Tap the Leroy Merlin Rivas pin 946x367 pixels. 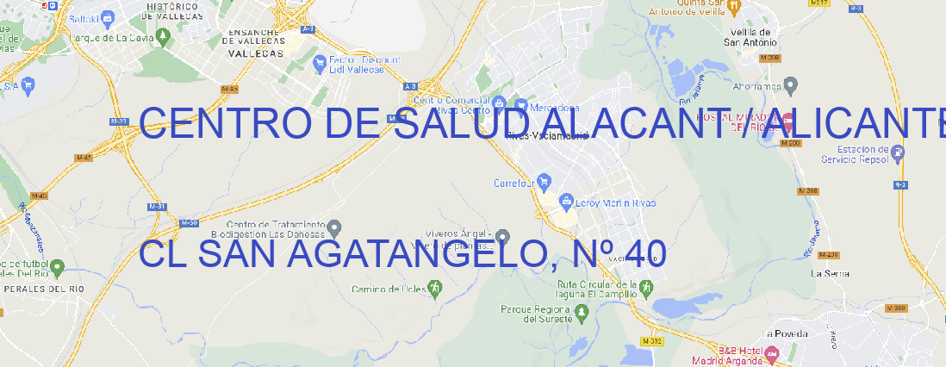(x=566, y=202)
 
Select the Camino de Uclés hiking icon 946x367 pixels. (x=434, y=289)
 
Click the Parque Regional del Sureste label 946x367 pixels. (x=536, y=313)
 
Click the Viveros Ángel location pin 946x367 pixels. (x=503, y=236)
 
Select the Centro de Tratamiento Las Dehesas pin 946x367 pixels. (x=335, y=227)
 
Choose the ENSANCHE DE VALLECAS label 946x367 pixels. (x=255, y=39)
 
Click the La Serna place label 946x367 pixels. (x=831, y=273)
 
